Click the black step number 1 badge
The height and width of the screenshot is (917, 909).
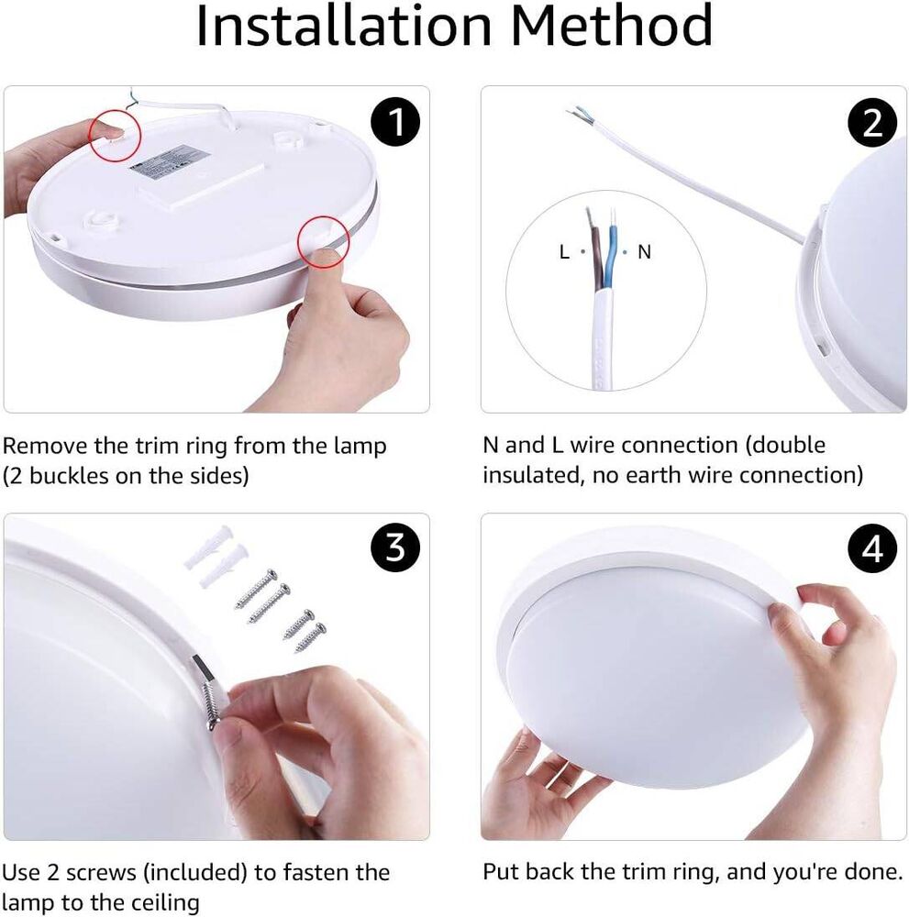(394, 123)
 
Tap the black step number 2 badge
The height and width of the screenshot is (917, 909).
(872, 123)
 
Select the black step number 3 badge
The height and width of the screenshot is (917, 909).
(394, 548)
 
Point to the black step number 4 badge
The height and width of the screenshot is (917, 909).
(872, 548)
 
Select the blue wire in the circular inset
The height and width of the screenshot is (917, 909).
(611, 257)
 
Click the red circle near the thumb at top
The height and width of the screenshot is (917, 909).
(114, 135)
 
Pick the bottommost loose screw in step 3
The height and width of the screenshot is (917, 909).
(311, 637)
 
